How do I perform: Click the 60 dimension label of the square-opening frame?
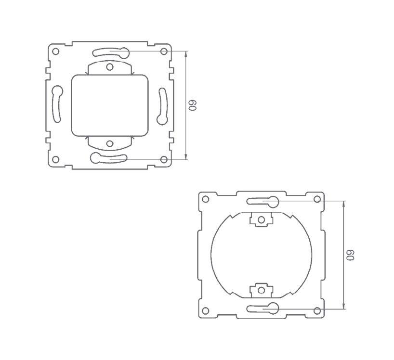(193, 105)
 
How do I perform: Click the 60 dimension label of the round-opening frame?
(351, 255)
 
